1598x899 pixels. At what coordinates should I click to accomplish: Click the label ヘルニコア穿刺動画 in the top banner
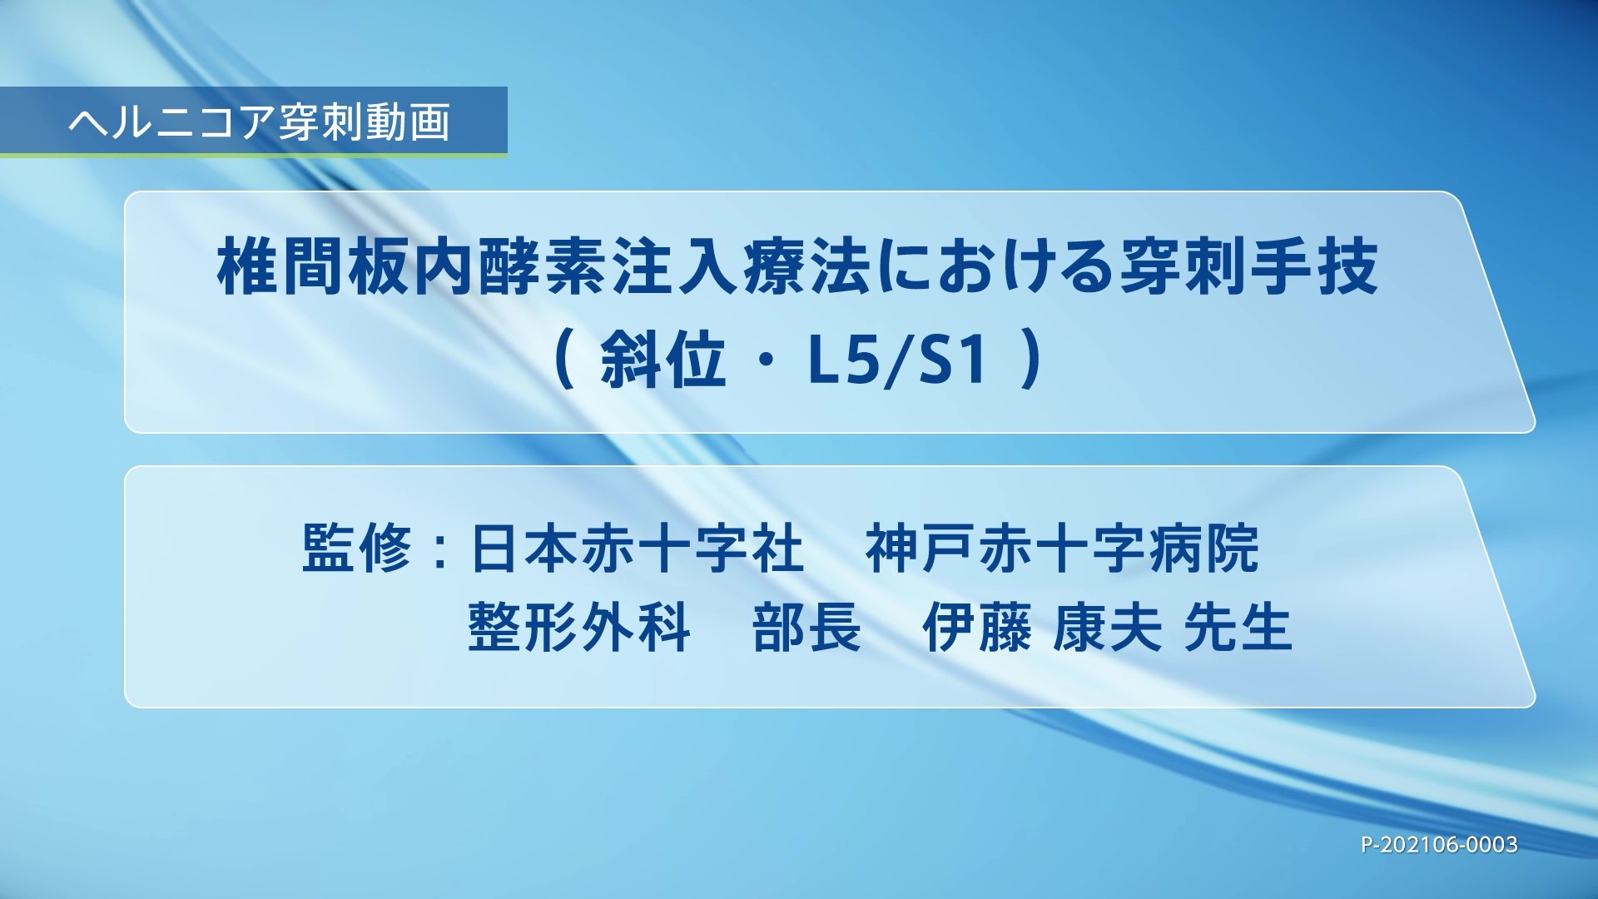tap(259, 122)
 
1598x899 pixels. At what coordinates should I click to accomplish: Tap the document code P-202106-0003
tap(1439, 845)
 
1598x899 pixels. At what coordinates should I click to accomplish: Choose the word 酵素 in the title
tap(538, 267)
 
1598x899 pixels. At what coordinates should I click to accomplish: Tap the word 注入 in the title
tap(667, 267)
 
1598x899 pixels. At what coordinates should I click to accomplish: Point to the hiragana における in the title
tap(990, 267)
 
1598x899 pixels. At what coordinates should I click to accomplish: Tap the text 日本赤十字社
tap(637, 549)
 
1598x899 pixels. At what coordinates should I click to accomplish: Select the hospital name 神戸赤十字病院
tap(1062, 549)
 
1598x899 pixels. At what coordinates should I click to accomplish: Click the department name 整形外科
tap(579, 627)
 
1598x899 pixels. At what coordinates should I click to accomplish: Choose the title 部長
tap(806, 627)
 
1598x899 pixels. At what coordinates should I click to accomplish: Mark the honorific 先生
tap(1237, 627)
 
